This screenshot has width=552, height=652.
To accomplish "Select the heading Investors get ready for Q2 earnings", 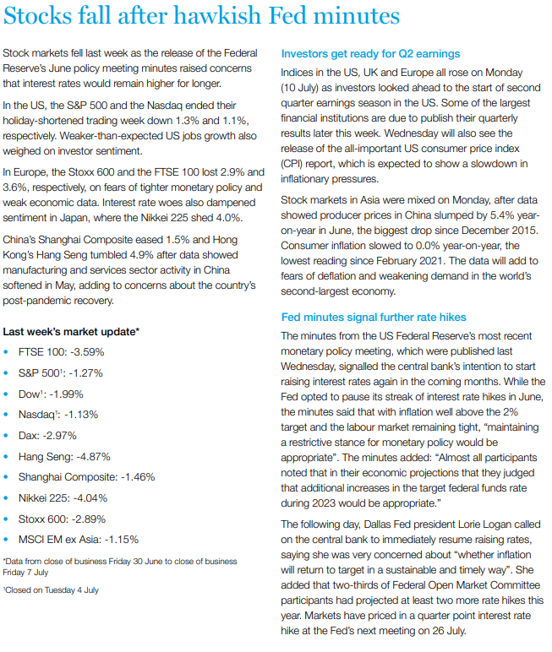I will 370,54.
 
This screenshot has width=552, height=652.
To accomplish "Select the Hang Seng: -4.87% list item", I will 64,456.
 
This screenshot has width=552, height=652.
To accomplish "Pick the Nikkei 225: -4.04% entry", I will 64,497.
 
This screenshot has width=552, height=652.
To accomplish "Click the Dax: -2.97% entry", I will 47,435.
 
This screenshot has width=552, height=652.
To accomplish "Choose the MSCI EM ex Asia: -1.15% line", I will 78,539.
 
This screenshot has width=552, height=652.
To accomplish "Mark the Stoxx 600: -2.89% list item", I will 62,518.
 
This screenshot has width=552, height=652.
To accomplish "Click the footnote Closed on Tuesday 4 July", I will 52,589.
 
